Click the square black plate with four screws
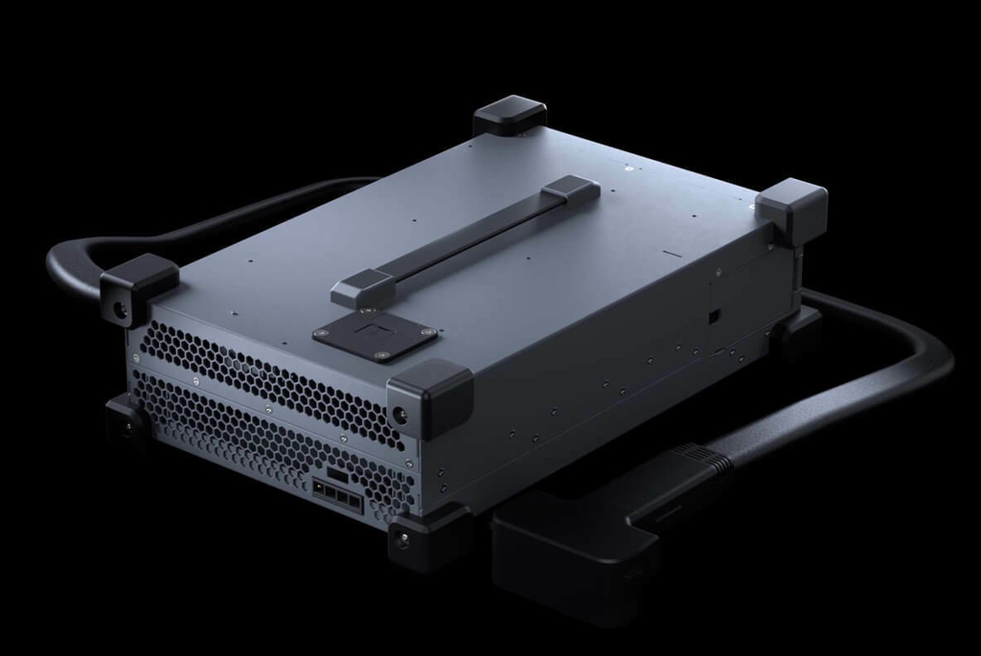375,337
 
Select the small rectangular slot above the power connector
337,473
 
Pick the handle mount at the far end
571,188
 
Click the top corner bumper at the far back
510,116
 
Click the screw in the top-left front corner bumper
121,309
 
